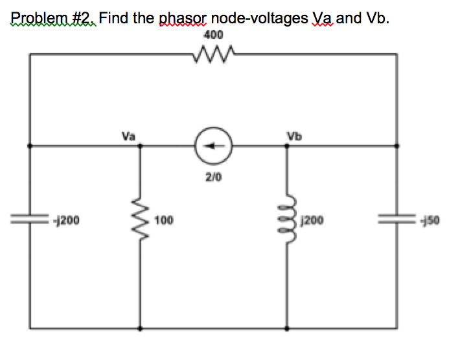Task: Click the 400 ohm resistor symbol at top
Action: click(x=213, y=56)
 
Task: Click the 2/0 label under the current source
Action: click(x=213, y=175)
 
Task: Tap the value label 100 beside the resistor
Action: click(x=164, y=221)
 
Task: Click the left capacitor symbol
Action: click(x=30, y=220)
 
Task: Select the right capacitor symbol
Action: click(x=397, y=220)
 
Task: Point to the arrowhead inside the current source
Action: click(x=208, y=146)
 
